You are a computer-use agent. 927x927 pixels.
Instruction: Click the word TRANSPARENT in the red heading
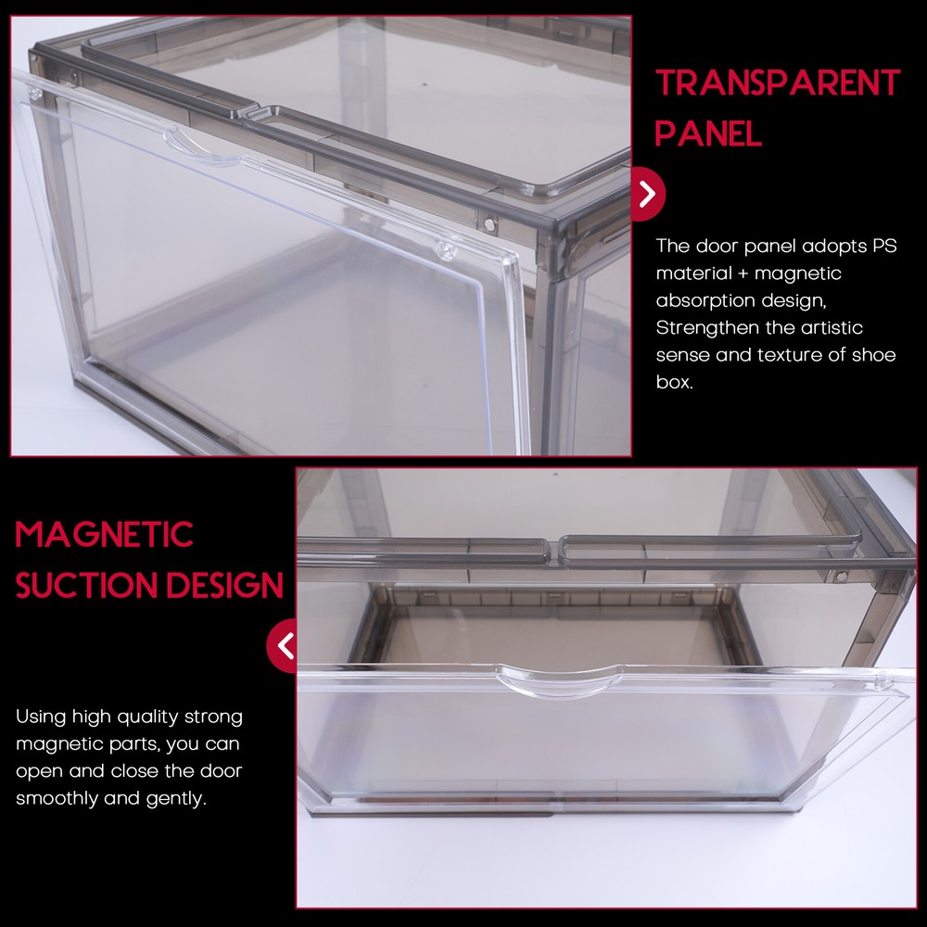click(x=777, y=83)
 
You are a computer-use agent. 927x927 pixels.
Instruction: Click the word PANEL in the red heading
click(x=708, y=133)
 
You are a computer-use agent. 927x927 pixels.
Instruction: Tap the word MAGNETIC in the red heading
click(x=104, y=535)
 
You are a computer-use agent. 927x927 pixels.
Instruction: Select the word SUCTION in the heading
click(x=75, y=586)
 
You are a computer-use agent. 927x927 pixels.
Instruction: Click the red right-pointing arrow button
click(x=648, y=194)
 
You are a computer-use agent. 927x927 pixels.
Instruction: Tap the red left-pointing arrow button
click(x=283, y=644)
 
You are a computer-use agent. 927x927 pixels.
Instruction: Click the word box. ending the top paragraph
click(x=675, y=382)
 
